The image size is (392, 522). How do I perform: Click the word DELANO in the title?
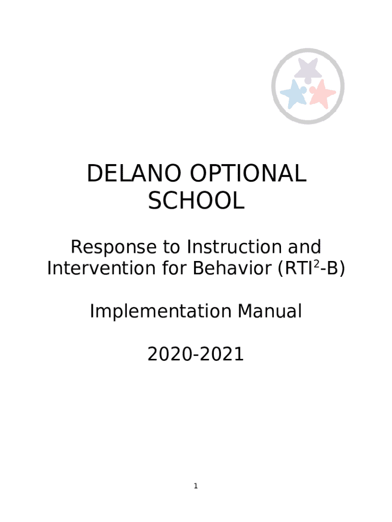[134, 173]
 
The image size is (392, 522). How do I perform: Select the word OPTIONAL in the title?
[248, 173]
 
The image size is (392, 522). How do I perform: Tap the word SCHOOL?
[196, 201]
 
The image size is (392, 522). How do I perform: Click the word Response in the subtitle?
[114, 247]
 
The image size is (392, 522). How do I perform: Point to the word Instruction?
[234, 247]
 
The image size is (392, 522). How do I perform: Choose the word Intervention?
[101, 268]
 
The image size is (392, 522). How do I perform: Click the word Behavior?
[232, 268]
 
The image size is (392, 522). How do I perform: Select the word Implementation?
[160, 312]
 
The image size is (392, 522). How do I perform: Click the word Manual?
[270, 311]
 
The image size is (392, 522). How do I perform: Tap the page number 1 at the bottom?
[196, 486]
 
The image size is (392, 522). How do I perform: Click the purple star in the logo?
[308, 69]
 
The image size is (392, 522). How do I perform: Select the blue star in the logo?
[293, 93]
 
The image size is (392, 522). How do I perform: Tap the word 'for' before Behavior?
[174, 268]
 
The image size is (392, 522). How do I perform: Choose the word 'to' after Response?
[172, 247]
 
